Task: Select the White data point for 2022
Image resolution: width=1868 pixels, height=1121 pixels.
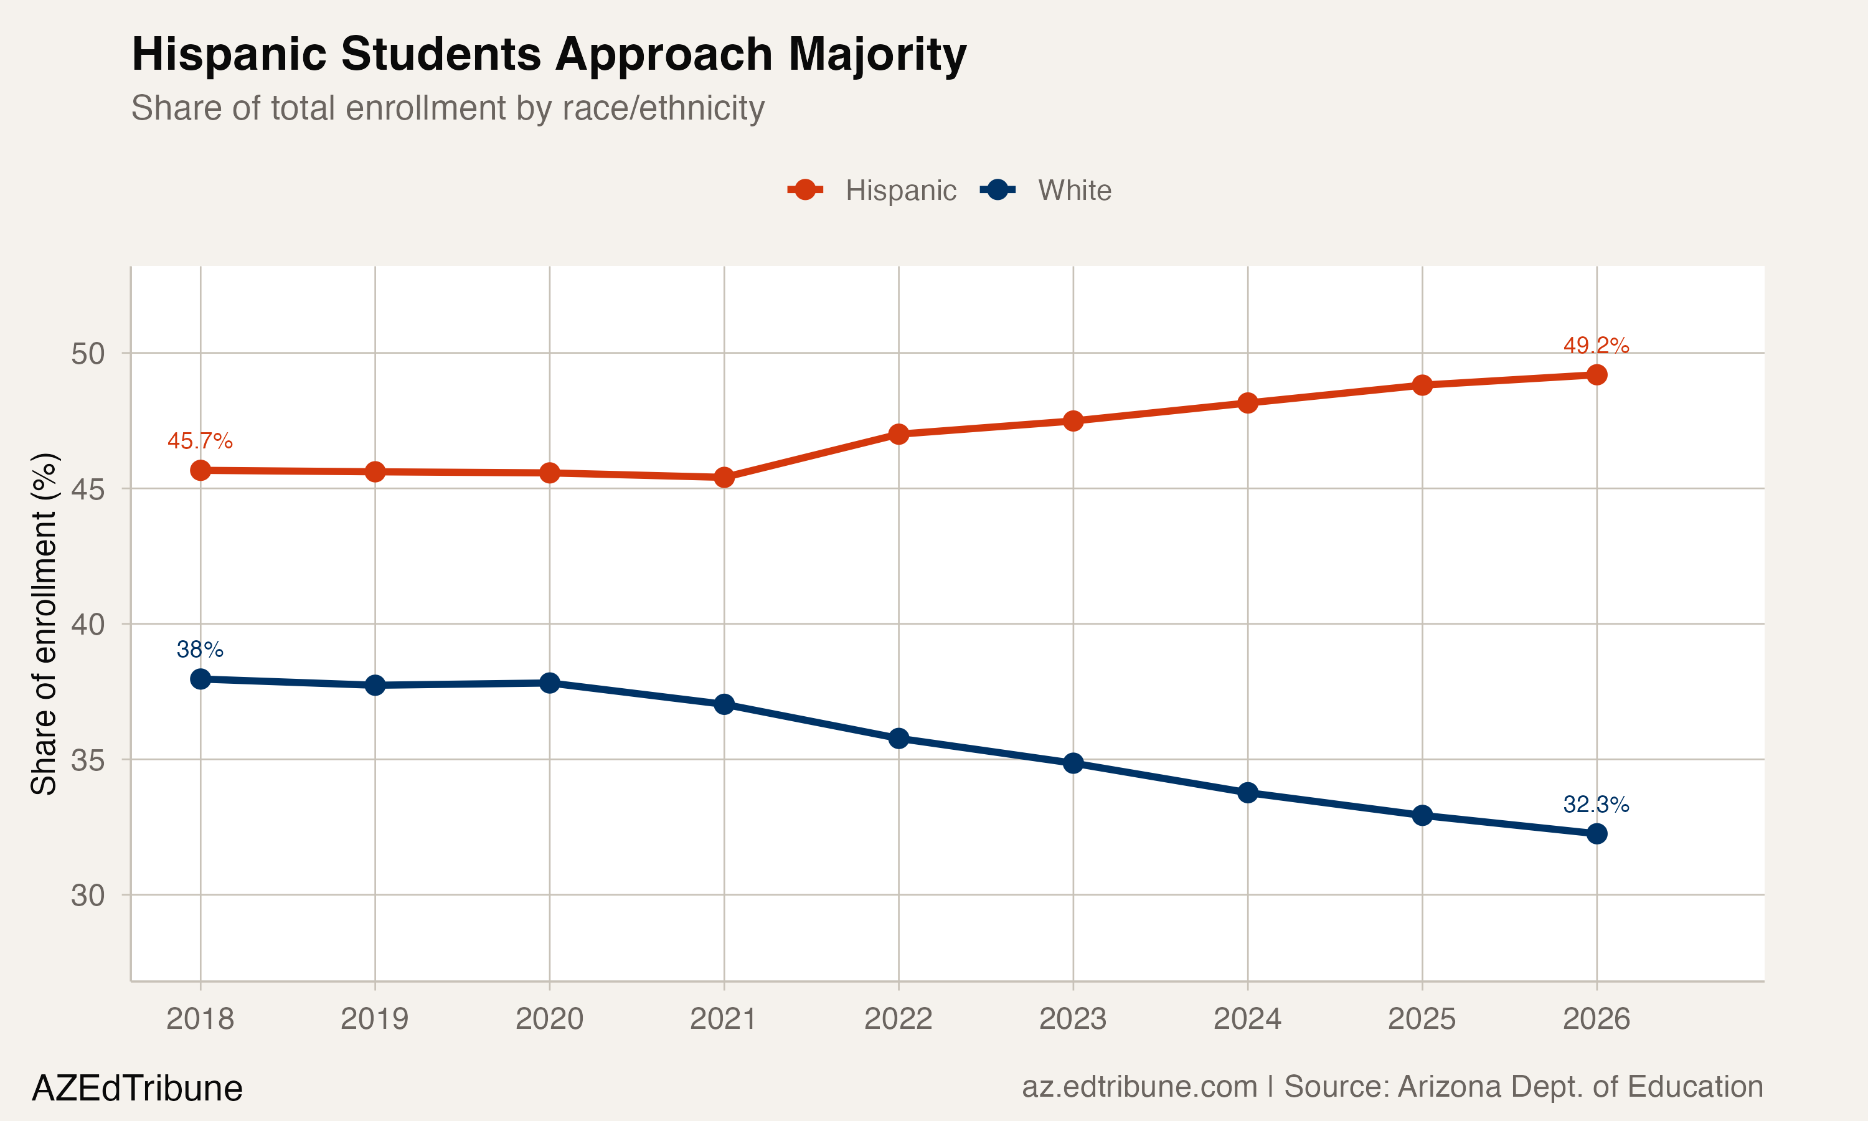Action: (x=899, y=738)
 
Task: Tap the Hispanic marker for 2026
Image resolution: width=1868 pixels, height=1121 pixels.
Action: (x=1596, y=375)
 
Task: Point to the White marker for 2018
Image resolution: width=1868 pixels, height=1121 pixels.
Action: (x=200, y=679)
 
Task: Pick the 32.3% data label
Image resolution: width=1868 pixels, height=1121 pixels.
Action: (x=1595, y=805)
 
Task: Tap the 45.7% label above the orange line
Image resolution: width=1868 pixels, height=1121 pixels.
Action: (x=199, y=440)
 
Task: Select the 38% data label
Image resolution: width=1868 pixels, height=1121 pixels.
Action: (x=199, y=649)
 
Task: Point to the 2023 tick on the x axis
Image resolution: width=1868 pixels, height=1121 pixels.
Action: (x=1073, y=1019)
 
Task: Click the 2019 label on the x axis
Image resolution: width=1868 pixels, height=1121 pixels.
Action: (x=374, y=1019)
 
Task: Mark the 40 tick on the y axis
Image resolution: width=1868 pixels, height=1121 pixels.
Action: (x=88, y=625)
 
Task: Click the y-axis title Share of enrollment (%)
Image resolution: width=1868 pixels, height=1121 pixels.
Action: (x=44, y=624)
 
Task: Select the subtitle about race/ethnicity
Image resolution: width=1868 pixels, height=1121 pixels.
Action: (x=448, y=108)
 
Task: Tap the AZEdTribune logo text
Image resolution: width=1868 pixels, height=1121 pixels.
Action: (x=136, y=1089)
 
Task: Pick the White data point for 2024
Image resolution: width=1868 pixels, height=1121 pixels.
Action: (x=1248, y=792)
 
